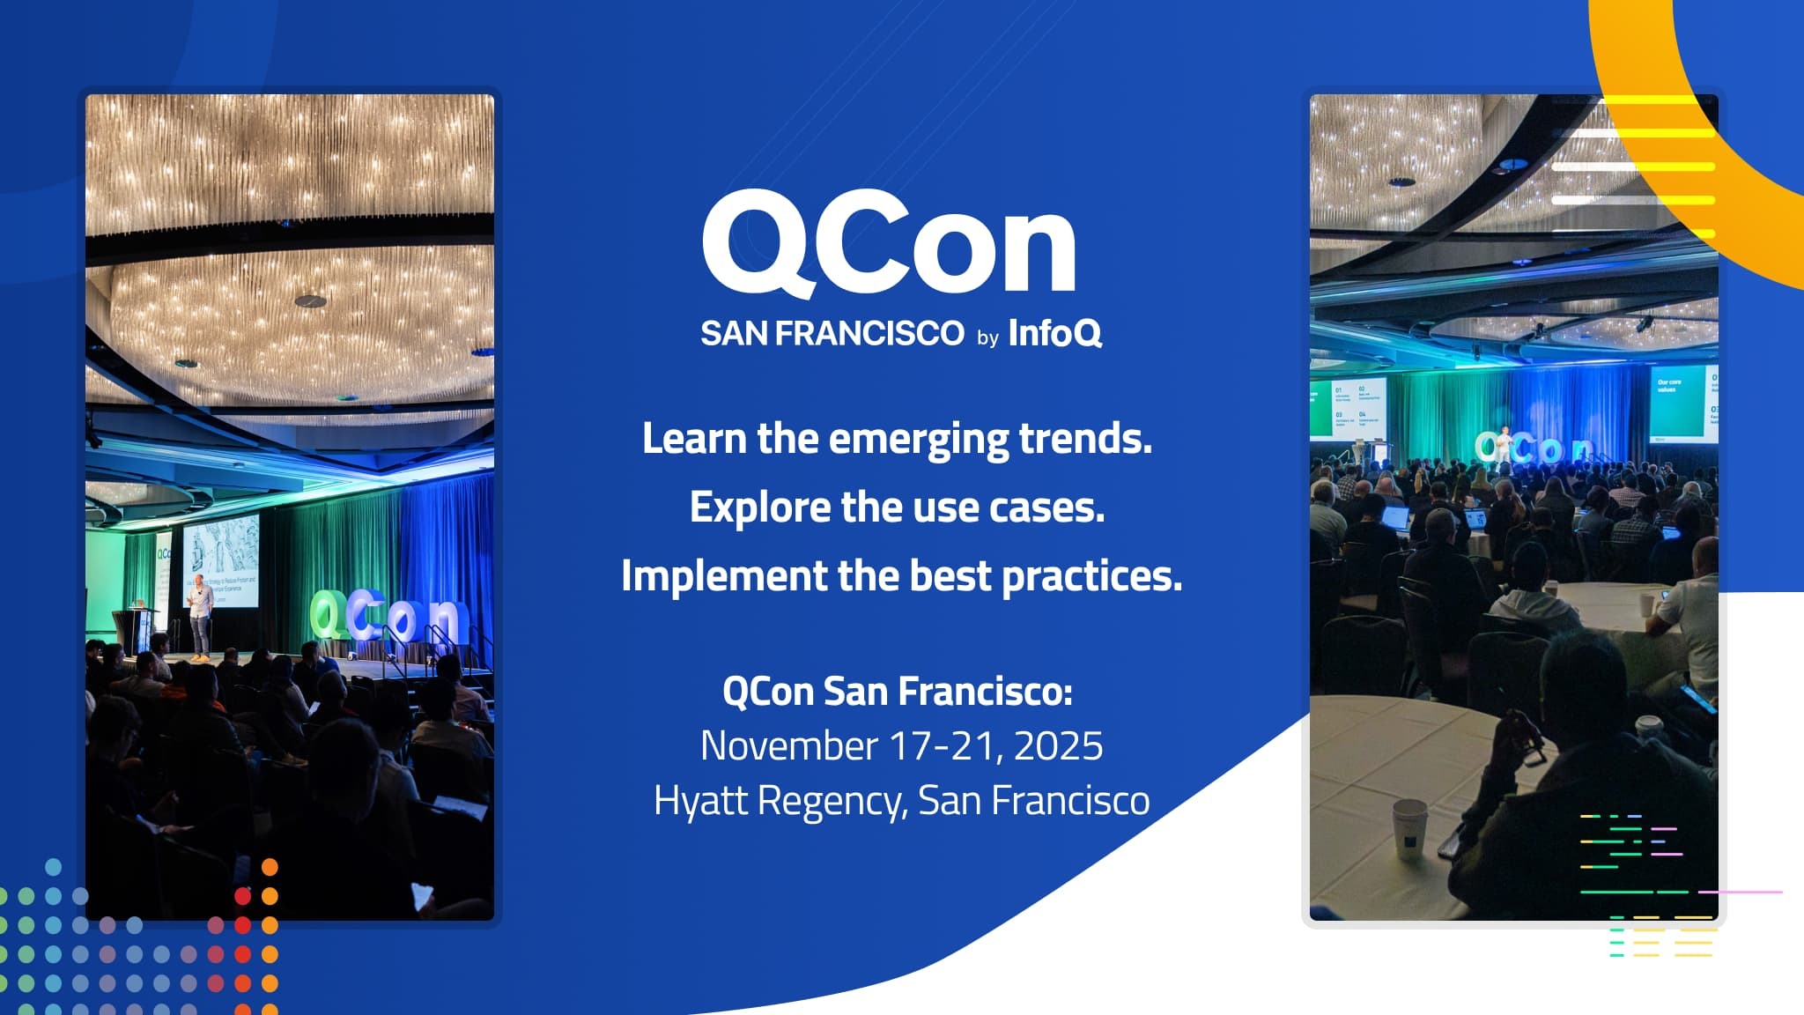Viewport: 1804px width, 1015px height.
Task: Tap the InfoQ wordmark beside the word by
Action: click(1054, 333)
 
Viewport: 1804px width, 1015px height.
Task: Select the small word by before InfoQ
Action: click(987, 337)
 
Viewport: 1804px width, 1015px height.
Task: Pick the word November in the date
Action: click(788, 746)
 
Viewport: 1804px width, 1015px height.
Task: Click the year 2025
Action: click(1058, 746)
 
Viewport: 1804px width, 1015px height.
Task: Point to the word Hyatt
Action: click(700, 801)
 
